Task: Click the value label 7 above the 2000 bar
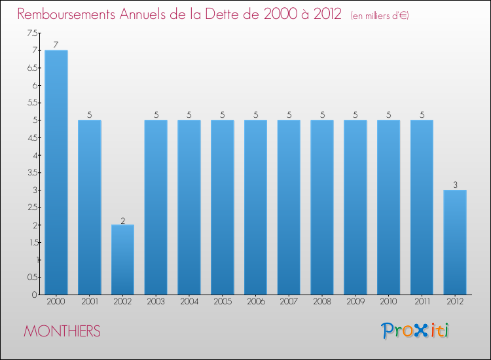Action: [x=56, y=45]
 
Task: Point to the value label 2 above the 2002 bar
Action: [x=122, y=220]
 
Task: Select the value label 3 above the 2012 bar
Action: [x=455, y=185]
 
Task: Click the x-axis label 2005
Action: [x=223, y=302]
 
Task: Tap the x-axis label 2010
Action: [x=389, y=302]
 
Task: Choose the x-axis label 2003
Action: [x=156, y=302]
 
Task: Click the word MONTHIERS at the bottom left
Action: [x=62, y=331]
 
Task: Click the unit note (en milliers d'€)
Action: [x=380, y=16]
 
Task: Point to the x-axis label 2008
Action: [x=322, y=302]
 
